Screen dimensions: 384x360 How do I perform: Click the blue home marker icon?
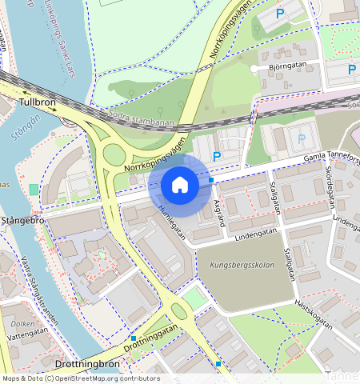[x=180, y=185]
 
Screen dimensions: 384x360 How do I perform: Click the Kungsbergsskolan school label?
[x=242, y=265]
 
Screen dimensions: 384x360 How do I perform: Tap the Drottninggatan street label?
[x=152, y=340]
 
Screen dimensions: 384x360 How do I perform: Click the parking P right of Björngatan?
[x=351, y=70]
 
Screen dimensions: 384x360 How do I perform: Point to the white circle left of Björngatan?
[x=255, y=70]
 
